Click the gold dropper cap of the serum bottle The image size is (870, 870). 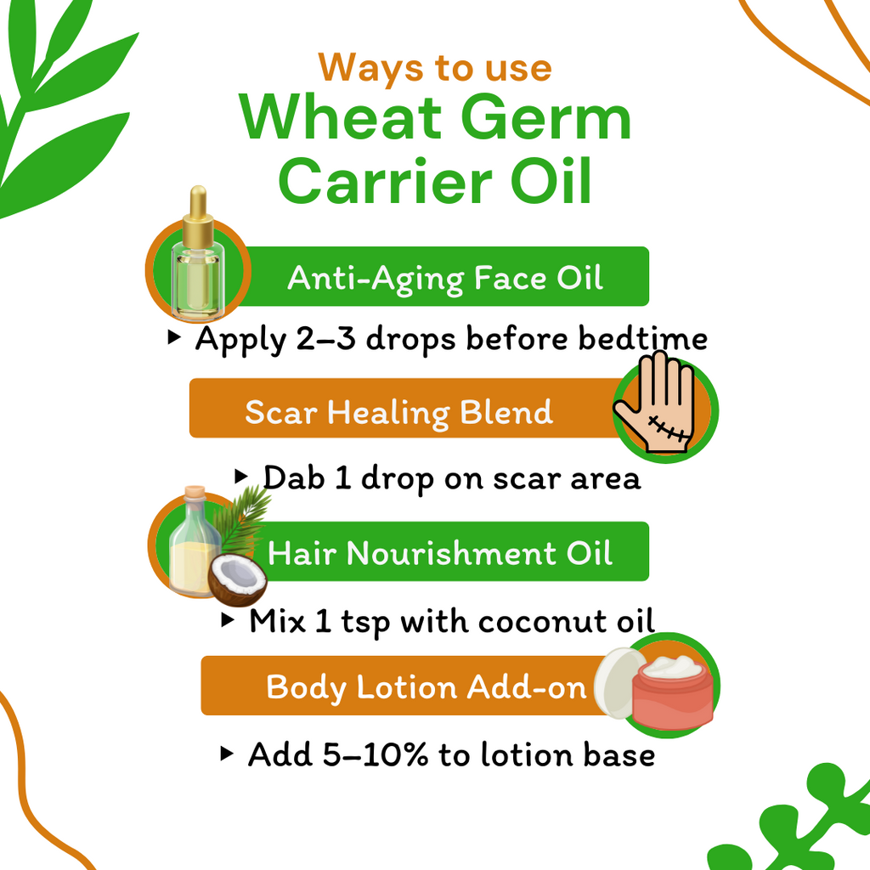[198, 212]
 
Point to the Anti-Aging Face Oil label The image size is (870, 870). [445, 278]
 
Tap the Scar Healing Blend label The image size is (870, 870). [398, 412]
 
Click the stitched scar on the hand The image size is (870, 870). [668, 426]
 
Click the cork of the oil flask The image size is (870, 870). [195, 493]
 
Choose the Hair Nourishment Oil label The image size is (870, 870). [439, 554]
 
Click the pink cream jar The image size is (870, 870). [672, 697]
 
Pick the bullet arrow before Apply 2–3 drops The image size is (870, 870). [174, 337]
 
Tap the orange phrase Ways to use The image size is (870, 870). [435, 67]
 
